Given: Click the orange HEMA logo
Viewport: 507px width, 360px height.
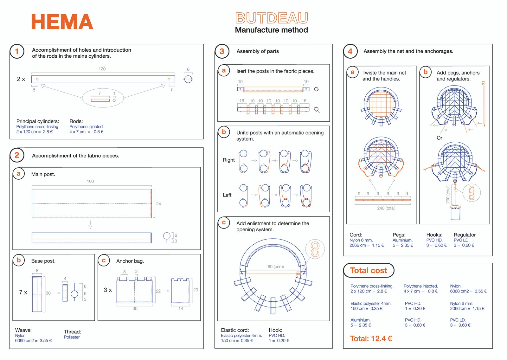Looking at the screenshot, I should point(62,22).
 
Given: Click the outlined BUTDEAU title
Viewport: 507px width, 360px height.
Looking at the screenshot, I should point(272,18).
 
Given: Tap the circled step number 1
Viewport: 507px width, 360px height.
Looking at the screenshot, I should point(17,51).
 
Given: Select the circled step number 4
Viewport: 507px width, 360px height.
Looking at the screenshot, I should point(350,51).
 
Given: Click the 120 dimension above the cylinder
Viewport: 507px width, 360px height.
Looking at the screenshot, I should point(102,69).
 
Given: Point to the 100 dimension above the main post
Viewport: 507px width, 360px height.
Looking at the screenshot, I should point(90,181).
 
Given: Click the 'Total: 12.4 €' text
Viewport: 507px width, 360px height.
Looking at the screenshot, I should point(371,338).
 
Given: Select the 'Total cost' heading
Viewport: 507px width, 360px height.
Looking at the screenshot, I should point(369,270).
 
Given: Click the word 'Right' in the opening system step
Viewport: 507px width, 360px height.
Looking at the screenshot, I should point(228,160).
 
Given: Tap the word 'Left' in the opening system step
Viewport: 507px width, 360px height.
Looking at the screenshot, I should point(227,195).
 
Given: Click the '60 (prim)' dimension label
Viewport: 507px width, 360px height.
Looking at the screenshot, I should point(276,267).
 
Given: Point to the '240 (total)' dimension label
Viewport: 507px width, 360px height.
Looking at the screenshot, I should point(386,208).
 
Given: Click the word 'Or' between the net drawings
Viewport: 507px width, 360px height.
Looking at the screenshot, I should point(439,138).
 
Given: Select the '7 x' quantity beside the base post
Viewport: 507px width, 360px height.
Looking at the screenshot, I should point(23,292).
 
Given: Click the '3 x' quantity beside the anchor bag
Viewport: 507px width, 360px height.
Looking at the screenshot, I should point(108,290).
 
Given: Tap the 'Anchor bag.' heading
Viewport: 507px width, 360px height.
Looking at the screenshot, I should point(130,261).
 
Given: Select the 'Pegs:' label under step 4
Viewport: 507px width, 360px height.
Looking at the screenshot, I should point(399,235).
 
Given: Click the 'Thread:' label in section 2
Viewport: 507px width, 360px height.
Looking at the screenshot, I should point(73,332).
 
